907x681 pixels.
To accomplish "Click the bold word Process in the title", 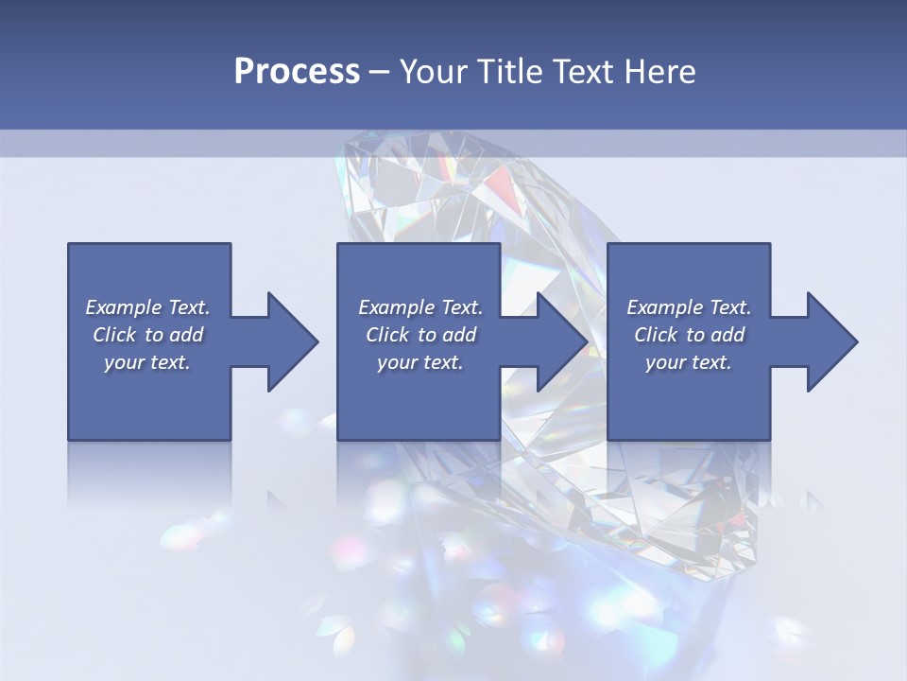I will point(297,72).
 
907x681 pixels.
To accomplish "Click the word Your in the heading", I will point(430,72).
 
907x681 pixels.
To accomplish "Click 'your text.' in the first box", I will point(147,362).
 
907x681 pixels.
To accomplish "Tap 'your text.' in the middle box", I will point(419,362).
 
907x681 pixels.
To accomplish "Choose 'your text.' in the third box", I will point(689,362).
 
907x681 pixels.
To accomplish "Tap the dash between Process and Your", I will point(379,72).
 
